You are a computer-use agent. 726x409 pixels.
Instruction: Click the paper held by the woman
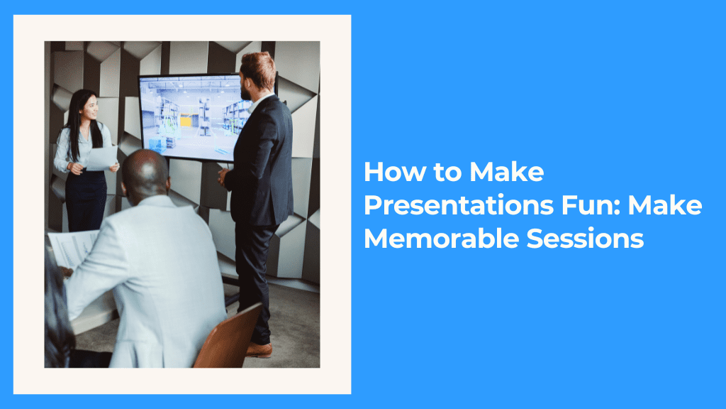point(101,158)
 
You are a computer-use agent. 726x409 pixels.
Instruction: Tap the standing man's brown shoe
point(259,349)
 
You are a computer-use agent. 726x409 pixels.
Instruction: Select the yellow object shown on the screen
point(187,121)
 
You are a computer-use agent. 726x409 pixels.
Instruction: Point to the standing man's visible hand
point(223,175)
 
